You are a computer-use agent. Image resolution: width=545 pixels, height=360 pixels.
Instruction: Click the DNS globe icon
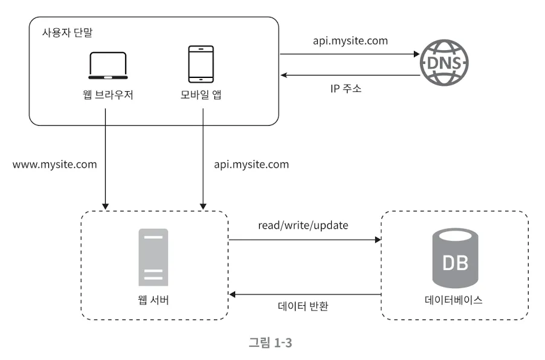[444, 63]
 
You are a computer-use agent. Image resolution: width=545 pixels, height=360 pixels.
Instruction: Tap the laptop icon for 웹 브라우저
[108, 66]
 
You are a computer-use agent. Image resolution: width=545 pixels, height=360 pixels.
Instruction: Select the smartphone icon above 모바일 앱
[201, 64]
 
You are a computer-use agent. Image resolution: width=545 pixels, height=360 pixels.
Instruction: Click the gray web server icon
[153, 257]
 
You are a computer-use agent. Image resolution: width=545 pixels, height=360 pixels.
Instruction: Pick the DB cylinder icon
[455, 258]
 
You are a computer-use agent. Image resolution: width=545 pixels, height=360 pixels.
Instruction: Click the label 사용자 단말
[68, 33]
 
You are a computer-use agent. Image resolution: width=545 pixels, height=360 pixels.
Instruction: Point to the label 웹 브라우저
[108, 94]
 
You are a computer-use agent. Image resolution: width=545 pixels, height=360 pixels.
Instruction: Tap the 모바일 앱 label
[201, 94]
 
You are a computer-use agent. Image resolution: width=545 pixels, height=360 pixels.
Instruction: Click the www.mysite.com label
[54, 164]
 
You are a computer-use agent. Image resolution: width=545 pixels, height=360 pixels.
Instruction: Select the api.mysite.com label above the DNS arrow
[350, 41]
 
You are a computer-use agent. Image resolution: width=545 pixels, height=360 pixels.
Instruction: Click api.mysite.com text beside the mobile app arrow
[251, 164]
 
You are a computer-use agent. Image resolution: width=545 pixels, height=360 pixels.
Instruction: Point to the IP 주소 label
[346, 88]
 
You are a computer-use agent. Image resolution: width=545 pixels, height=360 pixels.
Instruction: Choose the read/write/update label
[303, 225]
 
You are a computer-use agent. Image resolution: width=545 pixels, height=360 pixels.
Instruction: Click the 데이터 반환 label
[303, 306]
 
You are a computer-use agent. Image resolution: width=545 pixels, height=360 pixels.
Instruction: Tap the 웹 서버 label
[153, 300]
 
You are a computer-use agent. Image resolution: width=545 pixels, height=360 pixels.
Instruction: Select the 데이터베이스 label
[454, 300]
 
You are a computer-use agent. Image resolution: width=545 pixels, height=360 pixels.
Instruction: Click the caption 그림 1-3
[271, 342]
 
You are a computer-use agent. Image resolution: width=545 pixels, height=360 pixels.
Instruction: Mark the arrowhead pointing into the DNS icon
[417, 54]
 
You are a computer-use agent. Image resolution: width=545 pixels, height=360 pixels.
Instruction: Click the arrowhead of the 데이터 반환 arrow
[232, 295]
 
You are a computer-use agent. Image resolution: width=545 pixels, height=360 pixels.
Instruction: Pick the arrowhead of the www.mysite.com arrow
[105, 207]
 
